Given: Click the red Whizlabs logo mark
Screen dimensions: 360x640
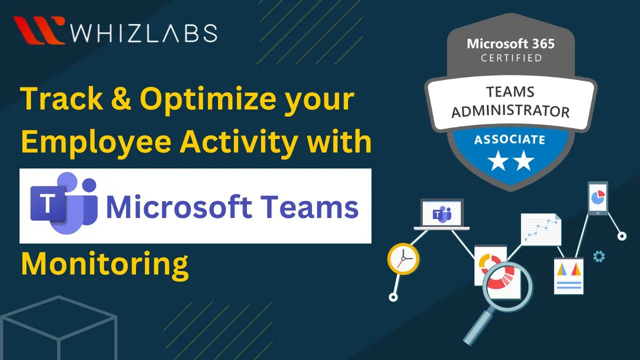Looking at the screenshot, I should (x=39, y=30).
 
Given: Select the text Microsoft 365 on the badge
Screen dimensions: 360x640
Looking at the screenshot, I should (x=510, y=44).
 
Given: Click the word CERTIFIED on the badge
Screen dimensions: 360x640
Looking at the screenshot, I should (x=511, y=58).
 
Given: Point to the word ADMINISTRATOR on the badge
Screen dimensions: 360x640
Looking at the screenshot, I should (x=510, y=110).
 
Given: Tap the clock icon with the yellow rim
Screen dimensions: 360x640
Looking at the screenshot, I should (x=403, y=259).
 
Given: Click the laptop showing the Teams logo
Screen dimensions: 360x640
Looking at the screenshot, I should (x=442, y=215).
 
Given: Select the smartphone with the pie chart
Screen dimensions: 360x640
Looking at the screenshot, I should (x=597, y=198).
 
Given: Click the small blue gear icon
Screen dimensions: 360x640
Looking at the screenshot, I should (x=598, y=256).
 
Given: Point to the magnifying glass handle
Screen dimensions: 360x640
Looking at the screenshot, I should (x=477, y=325).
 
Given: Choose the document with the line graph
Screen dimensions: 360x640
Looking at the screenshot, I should (x=540, y=229).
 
